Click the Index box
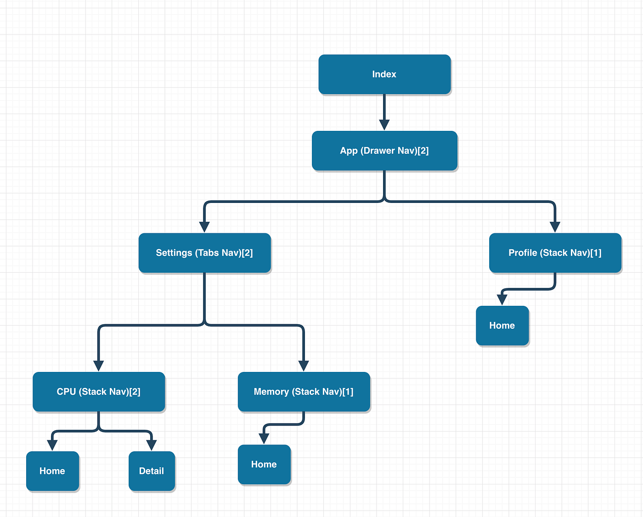coord(384,74)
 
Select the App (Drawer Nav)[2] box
coord(384,151)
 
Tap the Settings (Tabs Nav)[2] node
coord(204,253)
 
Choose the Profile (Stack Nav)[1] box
coord(555,253)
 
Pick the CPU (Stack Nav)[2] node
coord(99,392)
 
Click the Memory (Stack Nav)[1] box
coord(304,392)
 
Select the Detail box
coord(152,471)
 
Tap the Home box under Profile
coord(502,326)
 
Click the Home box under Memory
coord(264,464)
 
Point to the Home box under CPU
coord(52,471)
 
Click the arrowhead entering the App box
coord(384,125)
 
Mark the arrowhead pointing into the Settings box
coord(204,227)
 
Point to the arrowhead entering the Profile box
coord(555,227)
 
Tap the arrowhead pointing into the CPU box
coord(98,365)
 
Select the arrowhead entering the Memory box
coord(304,365)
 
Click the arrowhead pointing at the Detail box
coord(152,445)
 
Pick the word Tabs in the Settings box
coord(208,253)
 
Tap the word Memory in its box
coord(271,392)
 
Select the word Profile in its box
coord(523,253)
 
